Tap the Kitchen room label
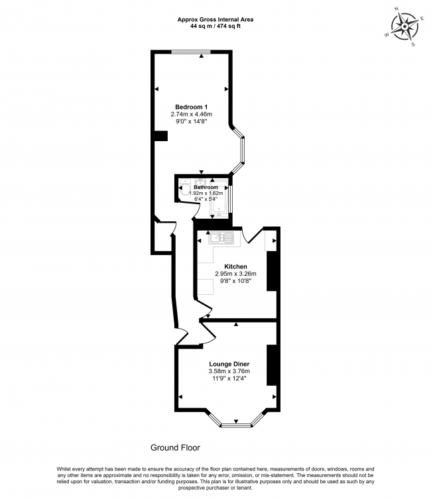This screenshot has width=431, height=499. pos(235,266)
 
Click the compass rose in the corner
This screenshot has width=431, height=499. pos(405,28)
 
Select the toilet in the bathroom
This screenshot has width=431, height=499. pos(184,190)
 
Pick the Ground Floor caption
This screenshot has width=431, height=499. pos(175,448)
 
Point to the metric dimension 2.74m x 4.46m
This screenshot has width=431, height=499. pos(192,115)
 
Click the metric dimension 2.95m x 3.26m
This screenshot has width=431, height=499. pos(235,274)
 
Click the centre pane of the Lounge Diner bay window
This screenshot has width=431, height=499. pos(235,424)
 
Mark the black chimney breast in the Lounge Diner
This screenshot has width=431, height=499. pos(271,365)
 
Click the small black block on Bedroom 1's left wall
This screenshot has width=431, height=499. pos(160,136)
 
